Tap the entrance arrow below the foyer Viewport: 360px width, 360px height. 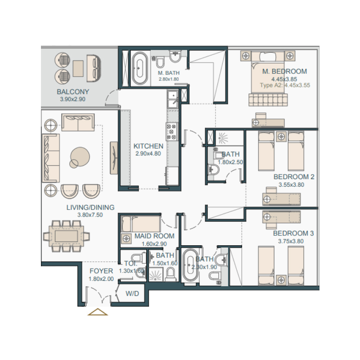click(x=98, y=312)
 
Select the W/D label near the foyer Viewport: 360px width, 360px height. click(x=132, y=294)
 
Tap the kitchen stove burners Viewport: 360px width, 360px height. click(x=172, y=131)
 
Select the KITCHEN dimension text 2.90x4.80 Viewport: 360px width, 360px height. click(x=148, y=153)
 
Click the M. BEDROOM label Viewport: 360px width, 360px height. click(x=285, y=71)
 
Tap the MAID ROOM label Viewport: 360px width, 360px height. click(x=148, y=236)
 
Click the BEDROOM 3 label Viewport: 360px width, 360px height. click(x=293, y=234)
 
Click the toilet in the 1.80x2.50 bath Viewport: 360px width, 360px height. click(x=214, y=170)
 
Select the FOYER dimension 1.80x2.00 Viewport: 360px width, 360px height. click(x=101, y=279)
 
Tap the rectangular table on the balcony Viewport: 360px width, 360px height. click(x=78, y=67)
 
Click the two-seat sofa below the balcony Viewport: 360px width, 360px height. click(x=78, y=122)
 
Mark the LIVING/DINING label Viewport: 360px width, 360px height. click(x=90, y=207)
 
